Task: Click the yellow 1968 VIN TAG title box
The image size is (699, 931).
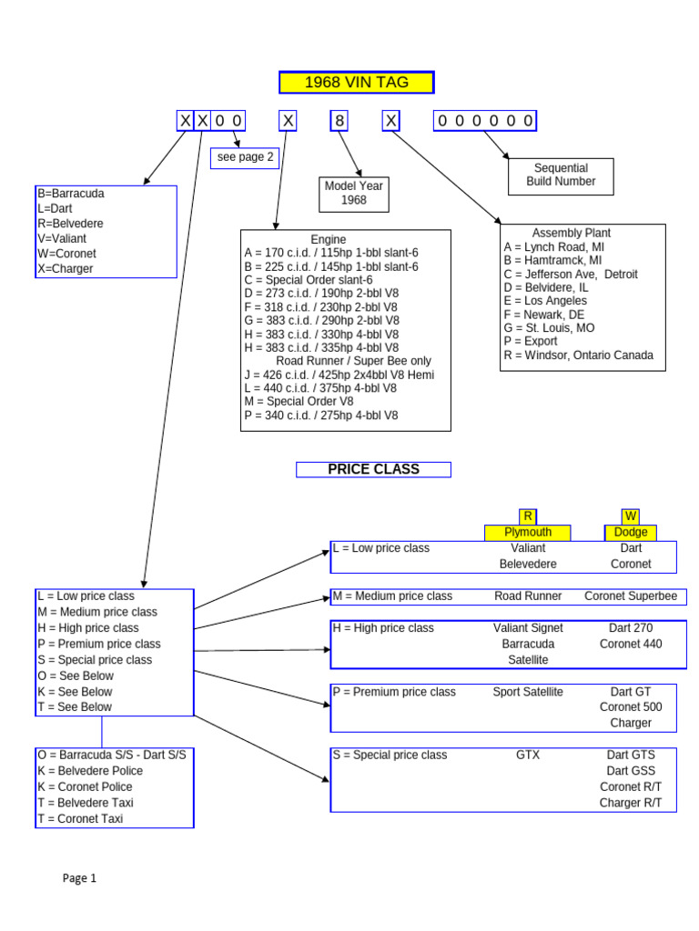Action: [x=356, y=83]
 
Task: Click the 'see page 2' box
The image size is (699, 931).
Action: [x=244, y=156]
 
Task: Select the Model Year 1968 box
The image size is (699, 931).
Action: [x=354, y=192]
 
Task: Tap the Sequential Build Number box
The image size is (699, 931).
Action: [x=561, y=175]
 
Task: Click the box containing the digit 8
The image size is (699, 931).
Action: [x=339, y=121]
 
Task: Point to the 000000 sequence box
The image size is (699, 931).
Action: [x=484, y=121]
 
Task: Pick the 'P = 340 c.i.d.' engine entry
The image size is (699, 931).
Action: [x=320, y=415]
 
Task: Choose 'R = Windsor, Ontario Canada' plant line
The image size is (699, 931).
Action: [x=578, y=355]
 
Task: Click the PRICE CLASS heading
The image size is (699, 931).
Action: [x=373, y=469]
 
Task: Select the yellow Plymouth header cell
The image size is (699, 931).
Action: [x=528, y=532]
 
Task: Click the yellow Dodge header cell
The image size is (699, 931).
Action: [x=631, y=532]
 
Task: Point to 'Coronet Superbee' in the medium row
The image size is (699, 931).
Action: [x=631, y=596]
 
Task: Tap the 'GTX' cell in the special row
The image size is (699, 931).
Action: [x=528, y=755]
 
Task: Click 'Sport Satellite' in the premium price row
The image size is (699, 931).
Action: [x=528, y=692]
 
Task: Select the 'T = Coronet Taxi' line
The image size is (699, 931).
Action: [x=80, y=818]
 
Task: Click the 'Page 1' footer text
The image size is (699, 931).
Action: [x=79, y=878]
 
